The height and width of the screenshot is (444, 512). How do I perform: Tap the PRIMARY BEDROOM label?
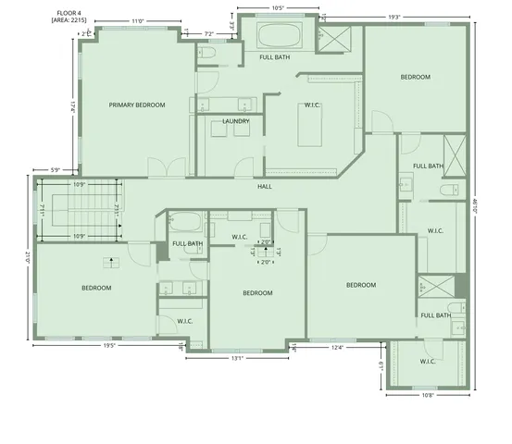point(137,105)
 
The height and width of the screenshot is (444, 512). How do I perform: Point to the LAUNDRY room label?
point(236,121)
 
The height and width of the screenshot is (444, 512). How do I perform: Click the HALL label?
point(265,186)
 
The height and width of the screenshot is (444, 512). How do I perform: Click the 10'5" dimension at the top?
point(277,8)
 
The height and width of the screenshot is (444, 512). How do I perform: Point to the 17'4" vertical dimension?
point(71,106)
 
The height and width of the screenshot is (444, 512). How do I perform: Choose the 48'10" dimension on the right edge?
point(474,208)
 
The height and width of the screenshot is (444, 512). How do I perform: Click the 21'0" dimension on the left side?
point(29,262)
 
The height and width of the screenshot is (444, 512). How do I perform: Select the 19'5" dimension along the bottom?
point(109,346)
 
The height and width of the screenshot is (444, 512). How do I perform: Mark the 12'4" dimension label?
point(337,348)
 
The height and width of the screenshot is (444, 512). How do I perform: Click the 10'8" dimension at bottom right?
point(427,395)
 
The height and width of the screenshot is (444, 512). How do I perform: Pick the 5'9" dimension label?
point(55,169)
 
